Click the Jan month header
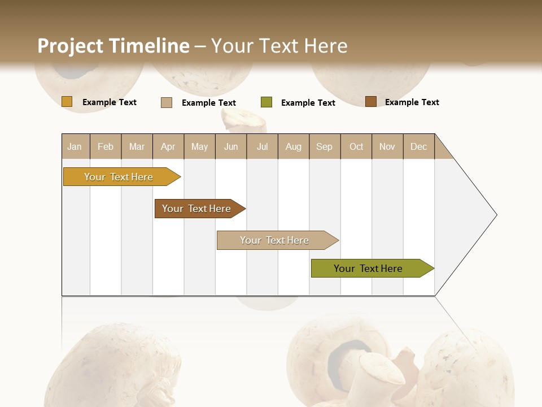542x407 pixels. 75,146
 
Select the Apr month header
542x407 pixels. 168,146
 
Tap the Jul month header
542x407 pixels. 262,146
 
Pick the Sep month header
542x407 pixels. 324,146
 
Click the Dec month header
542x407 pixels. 418,146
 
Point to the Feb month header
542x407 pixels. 106,146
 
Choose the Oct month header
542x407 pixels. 356,146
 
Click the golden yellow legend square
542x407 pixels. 67,102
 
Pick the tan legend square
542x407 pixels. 167,102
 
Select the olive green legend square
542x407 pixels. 266,102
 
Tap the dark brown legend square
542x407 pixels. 371,102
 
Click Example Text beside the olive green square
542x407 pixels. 308,103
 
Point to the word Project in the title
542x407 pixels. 70,46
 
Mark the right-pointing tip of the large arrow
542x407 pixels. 496,215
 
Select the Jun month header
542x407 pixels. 231,146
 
